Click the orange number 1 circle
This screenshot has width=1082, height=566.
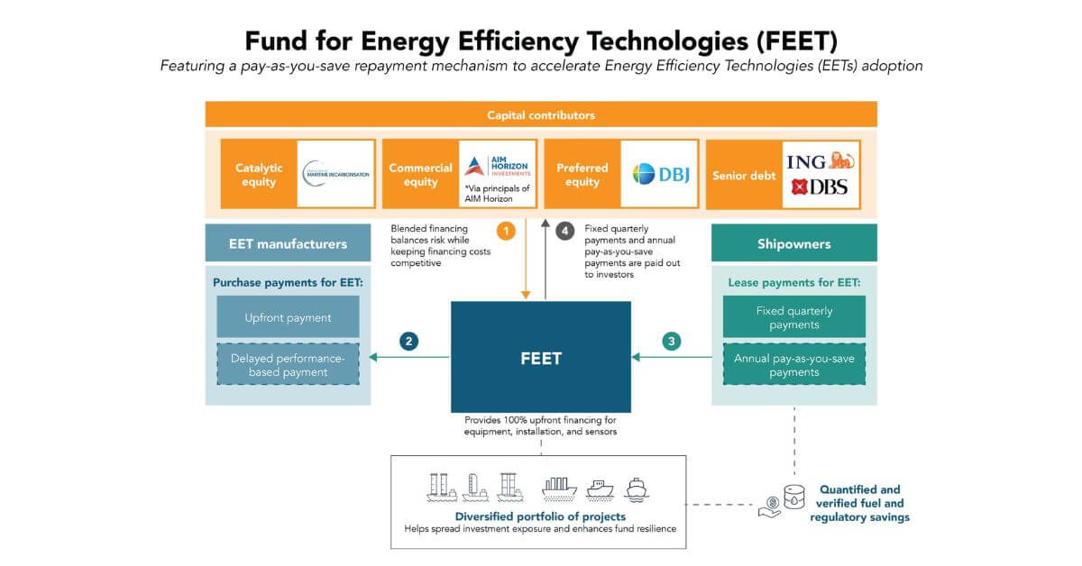[506, 232]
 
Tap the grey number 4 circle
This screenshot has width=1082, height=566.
[565, 232]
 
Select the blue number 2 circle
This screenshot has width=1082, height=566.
[409, 342]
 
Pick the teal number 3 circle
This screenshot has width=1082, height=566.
[671, 342]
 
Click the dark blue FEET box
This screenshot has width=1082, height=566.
[540, 358]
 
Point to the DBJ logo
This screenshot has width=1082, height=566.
[659, 173]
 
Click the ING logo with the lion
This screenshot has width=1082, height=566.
[820, 161]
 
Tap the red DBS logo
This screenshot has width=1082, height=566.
[819, 188]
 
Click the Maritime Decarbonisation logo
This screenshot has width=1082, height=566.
[335, 173]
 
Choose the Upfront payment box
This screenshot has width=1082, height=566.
[288, 317]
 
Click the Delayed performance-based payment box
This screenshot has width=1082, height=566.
[288, 365]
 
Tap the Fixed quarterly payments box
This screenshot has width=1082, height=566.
[793, 317]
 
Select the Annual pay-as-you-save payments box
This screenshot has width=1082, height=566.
[793, 365]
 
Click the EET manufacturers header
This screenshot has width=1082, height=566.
[288, 243]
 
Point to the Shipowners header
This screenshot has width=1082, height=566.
[793, 243]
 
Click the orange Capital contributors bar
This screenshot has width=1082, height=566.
[541, 115]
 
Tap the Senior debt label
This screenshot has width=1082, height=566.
[744, 176]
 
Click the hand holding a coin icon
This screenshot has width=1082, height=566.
[770, 507]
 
